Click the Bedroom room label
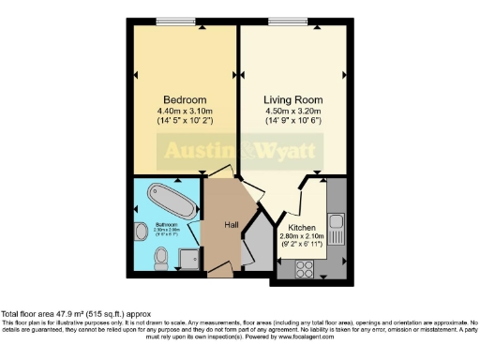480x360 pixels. click(x=184, y=100)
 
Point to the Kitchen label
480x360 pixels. click(x=301, y=228)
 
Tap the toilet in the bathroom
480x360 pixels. click(x=160, y=255)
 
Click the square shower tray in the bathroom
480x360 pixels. click(x=188, y=254)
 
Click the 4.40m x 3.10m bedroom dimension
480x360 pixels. click(x=184, y=112)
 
